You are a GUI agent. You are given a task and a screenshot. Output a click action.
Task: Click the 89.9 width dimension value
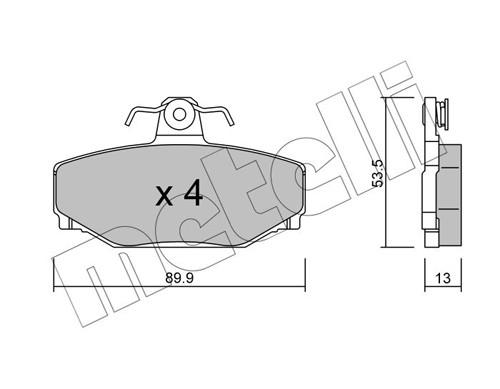179,278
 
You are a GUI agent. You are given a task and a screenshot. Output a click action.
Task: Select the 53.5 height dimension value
379,173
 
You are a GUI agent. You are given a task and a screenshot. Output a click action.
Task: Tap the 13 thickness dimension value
443,278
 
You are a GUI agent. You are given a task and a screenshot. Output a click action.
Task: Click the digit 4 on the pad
194,193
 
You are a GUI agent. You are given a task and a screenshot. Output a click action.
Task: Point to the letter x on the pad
164,196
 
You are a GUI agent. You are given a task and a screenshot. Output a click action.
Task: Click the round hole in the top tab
179,115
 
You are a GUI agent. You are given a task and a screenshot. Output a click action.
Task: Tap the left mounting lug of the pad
63,222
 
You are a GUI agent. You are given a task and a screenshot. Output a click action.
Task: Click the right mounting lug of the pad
295,222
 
